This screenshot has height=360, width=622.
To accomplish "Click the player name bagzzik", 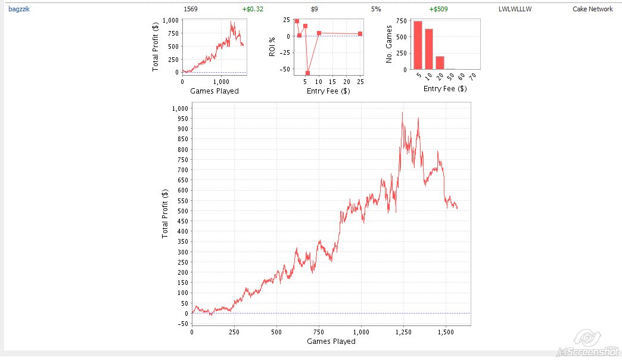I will point(18,10).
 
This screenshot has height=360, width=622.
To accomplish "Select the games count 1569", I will point(191,10).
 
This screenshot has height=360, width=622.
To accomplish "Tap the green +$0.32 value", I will point(253,10).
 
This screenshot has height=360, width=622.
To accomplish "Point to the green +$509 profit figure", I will point(438,10).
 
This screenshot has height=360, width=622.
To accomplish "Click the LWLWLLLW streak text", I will point(515,10).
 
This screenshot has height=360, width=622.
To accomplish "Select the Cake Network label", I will point(592,10).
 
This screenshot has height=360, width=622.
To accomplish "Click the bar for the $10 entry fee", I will point(429,49).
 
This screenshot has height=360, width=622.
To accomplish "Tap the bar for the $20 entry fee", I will point(440,63).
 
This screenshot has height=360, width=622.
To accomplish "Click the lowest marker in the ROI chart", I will point(307,73).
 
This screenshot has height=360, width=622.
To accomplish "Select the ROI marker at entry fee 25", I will point(360,34).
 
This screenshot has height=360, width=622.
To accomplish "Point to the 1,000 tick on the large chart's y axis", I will point(180,108).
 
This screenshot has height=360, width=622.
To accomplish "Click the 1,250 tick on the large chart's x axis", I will point(403,331).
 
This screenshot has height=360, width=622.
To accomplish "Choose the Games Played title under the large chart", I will point(331,342).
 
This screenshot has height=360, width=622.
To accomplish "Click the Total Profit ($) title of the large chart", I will point(165,213).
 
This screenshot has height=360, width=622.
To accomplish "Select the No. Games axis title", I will point(388,45).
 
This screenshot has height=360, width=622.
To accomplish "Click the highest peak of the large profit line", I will point(402,113).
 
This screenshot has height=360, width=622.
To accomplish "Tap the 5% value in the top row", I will point(376,10).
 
